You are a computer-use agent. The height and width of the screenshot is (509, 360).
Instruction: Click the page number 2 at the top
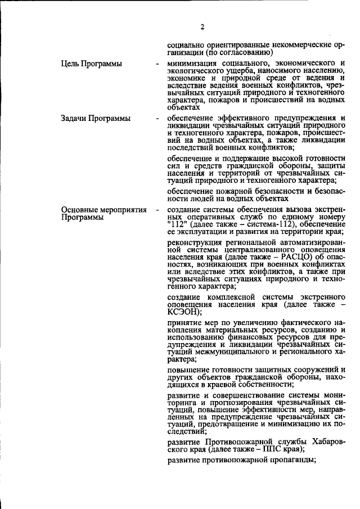tap(202, 26)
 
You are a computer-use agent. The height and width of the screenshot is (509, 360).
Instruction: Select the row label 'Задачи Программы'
tap(96, 119)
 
